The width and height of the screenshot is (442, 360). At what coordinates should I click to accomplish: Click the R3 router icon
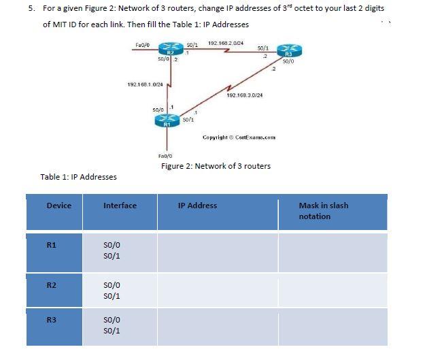[289, 52]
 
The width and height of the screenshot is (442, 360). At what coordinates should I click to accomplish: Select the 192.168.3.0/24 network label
[244, 95]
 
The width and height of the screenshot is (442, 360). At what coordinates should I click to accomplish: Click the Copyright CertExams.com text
[239, 137]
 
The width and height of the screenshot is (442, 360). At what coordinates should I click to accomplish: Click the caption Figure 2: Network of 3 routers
[216, 166]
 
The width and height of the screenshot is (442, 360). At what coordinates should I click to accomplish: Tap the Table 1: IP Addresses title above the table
[78, 177]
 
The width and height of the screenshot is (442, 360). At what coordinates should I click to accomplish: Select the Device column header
[58, 206]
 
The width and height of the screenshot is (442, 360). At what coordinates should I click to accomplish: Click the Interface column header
[120, 206]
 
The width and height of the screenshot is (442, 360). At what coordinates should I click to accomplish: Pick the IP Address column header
[197, 206]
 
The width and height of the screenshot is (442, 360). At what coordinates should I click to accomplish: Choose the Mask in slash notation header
[323, 211]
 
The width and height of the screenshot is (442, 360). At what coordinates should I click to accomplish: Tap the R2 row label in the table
[51, 285]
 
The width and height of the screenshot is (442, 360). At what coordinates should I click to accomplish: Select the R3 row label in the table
[51, 319]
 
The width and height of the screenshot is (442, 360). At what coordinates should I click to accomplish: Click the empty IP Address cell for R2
[218, 291]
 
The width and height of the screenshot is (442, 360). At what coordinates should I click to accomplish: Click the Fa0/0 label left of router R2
[143, 44]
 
